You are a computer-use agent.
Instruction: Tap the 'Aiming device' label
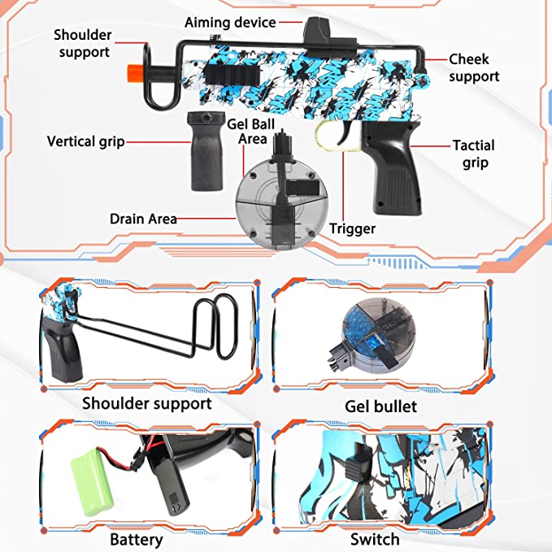pyautogui.click(x=230, y=23)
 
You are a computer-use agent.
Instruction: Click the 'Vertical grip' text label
pyautogui.click(x=85, y=141)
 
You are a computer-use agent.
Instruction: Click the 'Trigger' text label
pyautogui.click(x=352, y=228)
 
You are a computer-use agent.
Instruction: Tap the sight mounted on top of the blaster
pyautogui.click(x=314, y=33)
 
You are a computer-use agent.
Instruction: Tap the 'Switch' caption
pyautogui.click(x=375, y=539)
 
